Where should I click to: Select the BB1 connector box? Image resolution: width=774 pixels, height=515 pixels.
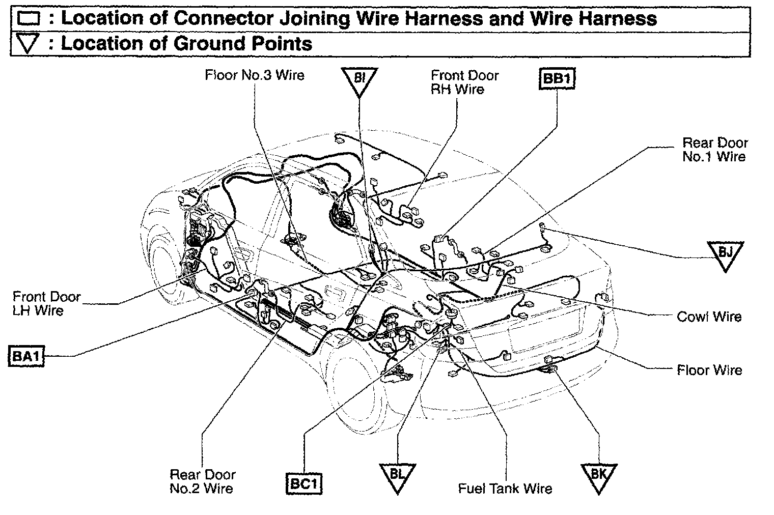coord(557,79)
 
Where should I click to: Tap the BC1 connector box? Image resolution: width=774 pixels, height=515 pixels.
coord(304,484)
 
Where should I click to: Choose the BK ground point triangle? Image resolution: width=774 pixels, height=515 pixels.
coord(598,476)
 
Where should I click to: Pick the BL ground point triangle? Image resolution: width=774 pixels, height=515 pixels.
coord(397,476)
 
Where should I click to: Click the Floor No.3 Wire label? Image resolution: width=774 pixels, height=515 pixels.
coord(254,75)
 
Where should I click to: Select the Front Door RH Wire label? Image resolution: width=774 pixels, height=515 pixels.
coord(464,82)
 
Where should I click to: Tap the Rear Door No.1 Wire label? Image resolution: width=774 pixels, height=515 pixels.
coord(714,150)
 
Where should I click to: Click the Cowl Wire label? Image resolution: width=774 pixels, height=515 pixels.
coord(709,317)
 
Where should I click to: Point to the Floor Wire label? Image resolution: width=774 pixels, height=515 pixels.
coord(709,370)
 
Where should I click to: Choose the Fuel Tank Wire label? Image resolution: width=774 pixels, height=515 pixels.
coord(505,489)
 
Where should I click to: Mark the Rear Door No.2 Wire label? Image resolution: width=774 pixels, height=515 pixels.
coord(202,481)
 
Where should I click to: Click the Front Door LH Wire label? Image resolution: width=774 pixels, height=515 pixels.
coord(46,303)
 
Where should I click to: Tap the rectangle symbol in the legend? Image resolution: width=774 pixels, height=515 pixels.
coord(28,19)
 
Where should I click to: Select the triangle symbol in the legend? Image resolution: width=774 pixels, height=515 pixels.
coord(28,44)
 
